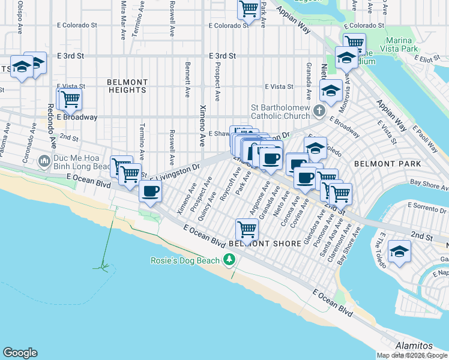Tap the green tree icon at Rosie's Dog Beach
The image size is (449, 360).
pos(228,260)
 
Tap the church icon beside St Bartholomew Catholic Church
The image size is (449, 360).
pos(319,112)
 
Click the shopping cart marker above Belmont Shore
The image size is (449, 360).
pos(247,229)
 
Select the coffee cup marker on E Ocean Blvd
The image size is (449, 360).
pos(150,191)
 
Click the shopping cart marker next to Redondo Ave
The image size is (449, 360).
pos(70,99)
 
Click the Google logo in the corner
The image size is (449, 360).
pos(20,353)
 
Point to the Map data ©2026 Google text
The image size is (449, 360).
pos(412,355)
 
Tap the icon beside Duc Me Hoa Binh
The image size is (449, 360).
pos(43,161)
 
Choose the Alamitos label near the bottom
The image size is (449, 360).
pos(414,346)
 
